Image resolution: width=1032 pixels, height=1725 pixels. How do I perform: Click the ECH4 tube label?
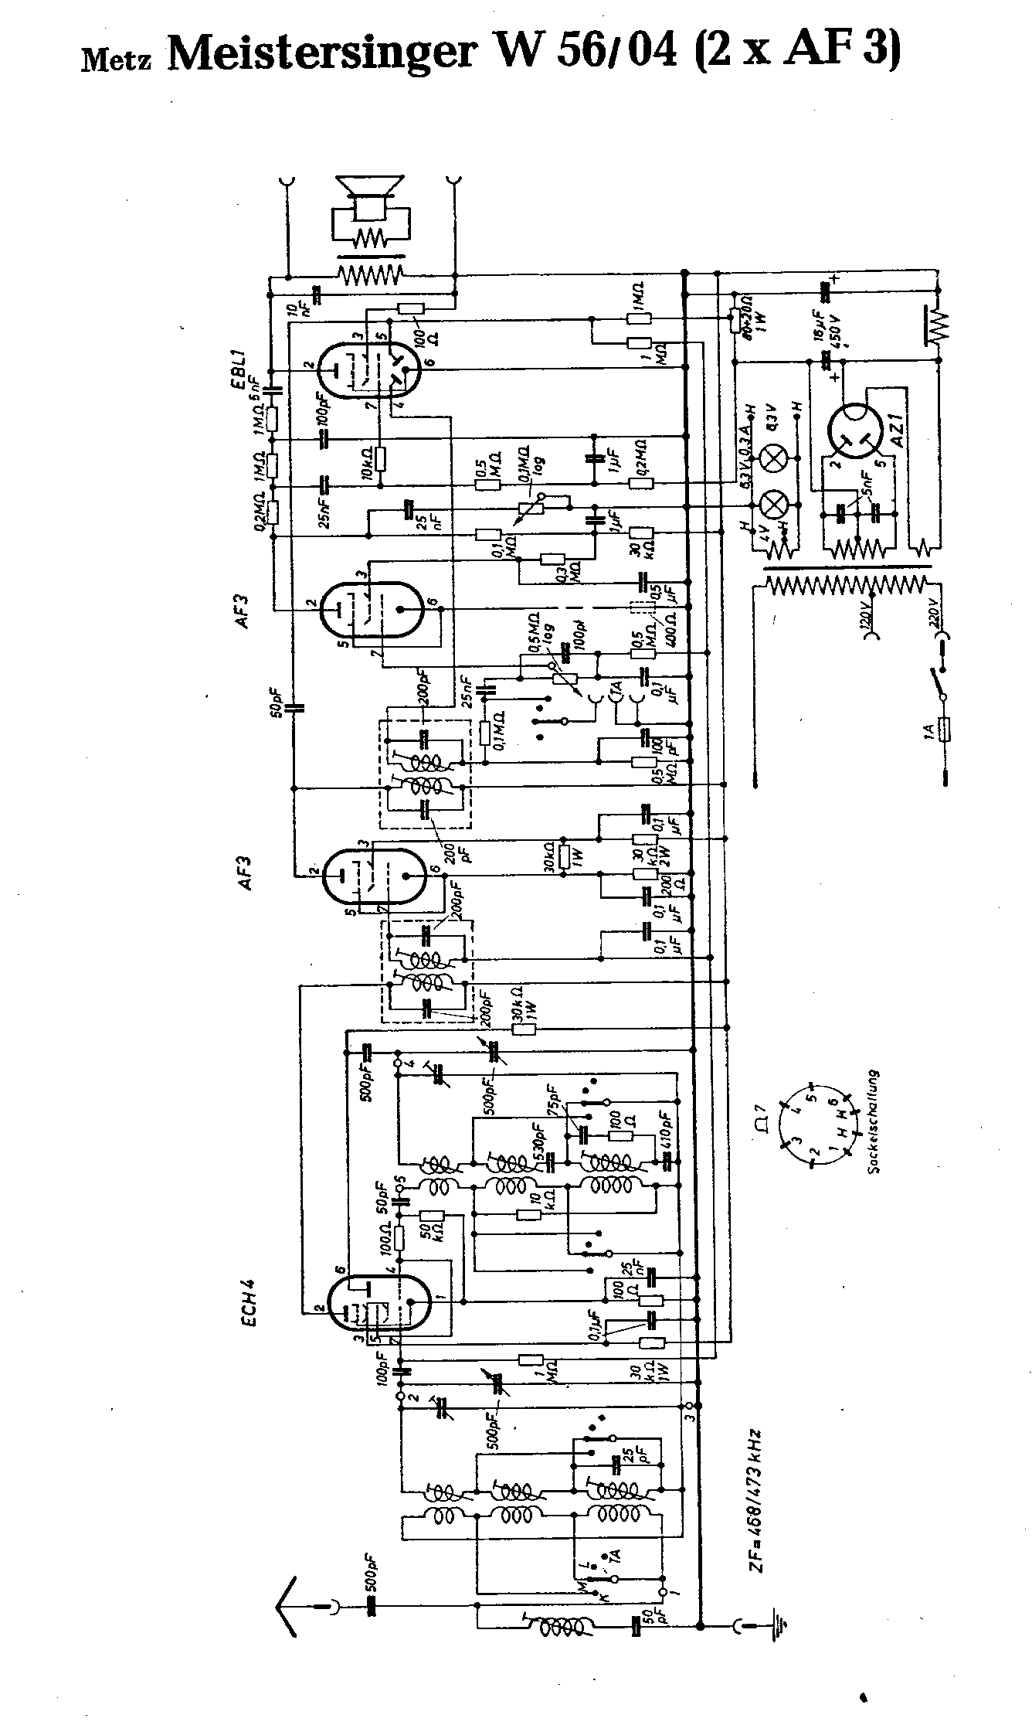tap(247, 1301)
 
